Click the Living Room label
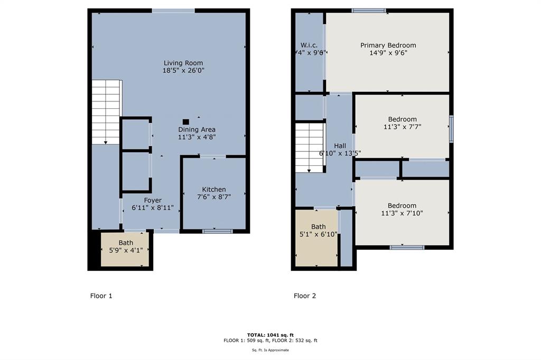pyautogui.click(x=183, y=63)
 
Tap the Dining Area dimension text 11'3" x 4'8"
pyautogui.click(x=197, y=137)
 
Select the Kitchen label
pyautogui.click(x=214, y=190)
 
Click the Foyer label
pyautogui.click(x=153, y=200)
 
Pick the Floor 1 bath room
pyautogui.click(x=126, y=249)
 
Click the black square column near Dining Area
pyautogui.click(x=185, y=121)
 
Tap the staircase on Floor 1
pyautogui.click(x=106, y=111)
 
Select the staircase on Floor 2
pyautogui.click(x=309, y=147)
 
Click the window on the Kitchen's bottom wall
pyautogui.click(x=218, y=231)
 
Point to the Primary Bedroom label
pyautogui.click(x=388, y=45)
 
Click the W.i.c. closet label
pyautogui.click(x=309, y=45)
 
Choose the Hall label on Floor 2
pyautogui.click(x=340, y=146)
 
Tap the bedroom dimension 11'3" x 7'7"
pyautogui.click(x=402, y=127)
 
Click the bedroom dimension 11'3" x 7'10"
pyautogui.click(x=402, y=213)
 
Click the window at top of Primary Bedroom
pyautogui.click(x=369, y=10)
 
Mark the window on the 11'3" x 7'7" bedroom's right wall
pyautogui.click(x=451, y=129)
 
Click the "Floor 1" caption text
pyautogui.click(x=101, y=296)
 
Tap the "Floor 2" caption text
pyautogui.click(x=305, y=296)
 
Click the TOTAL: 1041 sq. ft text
pyautogui.click(x=270, y=335)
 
